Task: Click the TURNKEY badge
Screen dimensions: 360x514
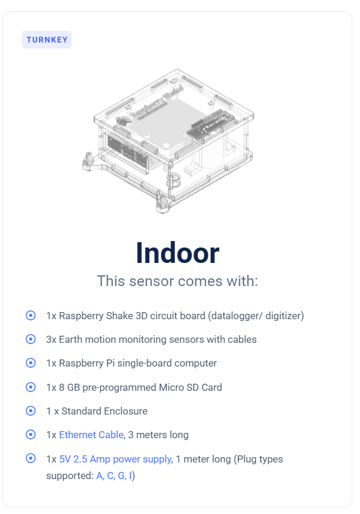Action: (47, 40)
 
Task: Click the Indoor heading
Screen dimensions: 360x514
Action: (177, 253)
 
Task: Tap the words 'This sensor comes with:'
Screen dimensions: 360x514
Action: (177, 281)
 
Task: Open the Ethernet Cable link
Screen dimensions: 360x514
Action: (91, 435)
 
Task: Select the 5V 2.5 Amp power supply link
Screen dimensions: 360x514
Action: (115, 458)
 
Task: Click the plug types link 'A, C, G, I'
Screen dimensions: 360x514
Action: (114, 476)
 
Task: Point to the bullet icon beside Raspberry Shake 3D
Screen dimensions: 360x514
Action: (31, 316)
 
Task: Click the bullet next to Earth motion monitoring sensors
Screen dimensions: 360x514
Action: (31, 339)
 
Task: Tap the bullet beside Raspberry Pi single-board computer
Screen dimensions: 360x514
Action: (31, 363)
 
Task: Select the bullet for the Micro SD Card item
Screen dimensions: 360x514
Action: (31, 387)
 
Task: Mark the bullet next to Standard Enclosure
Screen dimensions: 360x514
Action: (31, 410)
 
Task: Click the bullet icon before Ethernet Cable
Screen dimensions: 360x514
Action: (31, 434)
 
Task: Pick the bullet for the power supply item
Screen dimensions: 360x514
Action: (31, 458)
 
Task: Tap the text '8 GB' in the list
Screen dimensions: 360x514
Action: (69, 387)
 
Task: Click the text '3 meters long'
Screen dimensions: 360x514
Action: (158, 435)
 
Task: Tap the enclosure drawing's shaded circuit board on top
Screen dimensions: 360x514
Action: (166, 121)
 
